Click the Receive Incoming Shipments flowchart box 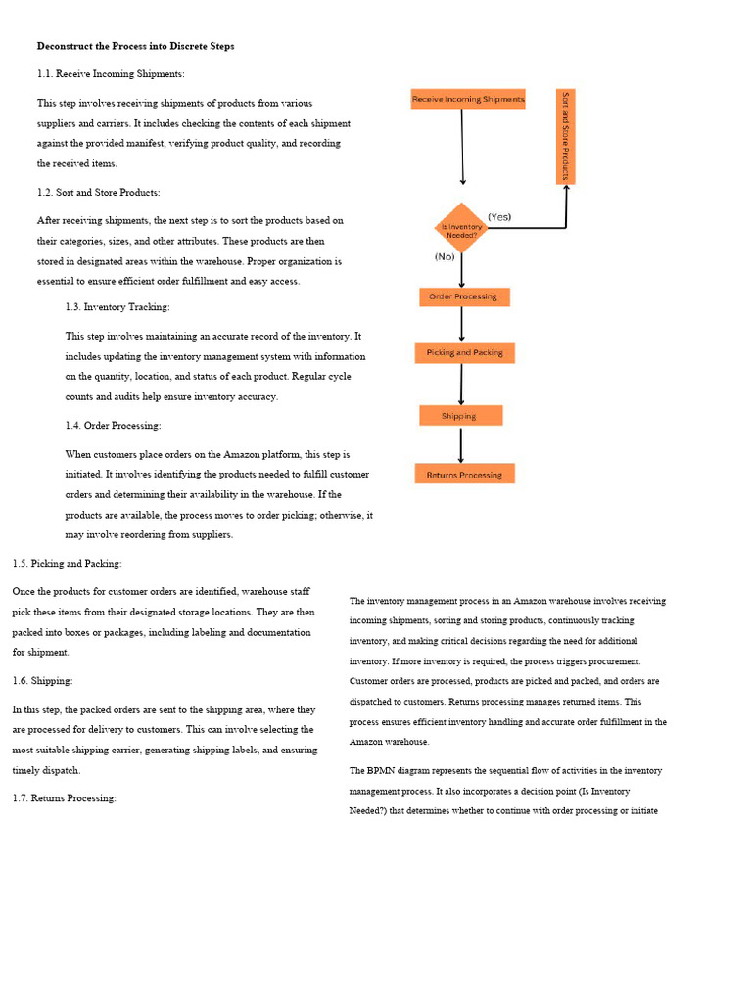[x=468, y=99]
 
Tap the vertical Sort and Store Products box [x=565, y=137]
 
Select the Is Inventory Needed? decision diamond [x=460, y=229]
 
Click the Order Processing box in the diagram [x=464, y=296]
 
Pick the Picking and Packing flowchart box [x=464, y=353]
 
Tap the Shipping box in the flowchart [x=460, y=416]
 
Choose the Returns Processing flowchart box [x=464, y=475]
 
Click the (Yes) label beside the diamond [x=499, y=217]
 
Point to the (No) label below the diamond [x=445, y=257]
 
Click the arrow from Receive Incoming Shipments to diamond [x=462, y=147]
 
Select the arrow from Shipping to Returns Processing [x=460, y=444]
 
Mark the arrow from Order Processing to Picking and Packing [x=461, y=324]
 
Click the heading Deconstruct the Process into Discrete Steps [x=135, y=46]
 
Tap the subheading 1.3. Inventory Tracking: [x=117, y=307]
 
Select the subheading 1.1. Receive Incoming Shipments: [x=111, y=73]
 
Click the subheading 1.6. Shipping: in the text [x=43, y=680]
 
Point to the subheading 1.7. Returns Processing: [x=65, y=798]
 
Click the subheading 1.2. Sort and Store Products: [x=99, y=192]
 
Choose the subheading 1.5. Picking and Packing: [x=68, y=563]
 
